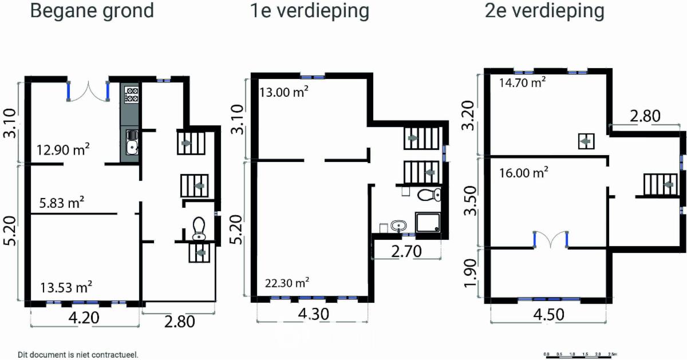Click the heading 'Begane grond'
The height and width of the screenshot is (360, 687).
tap(92, 11)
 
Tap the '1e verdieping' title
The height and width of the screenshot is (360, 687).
tap(310, 11)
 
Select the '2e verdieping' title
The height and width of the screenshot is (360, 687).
tap(544, 11)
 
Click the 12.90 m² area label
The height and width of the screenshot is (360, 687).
tap(63, 149)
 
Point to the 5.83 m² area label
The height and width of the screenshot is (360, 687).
tap(62, 203)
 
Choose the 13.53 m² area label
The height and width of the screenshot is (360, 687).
tap(66, 287)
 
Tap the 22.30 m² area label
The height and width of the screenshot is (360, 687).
tap(287, 283)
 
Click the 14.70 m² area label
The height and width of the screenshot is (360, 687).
tap(523, 82)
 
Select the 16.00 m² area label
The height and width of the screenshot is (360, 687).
tap(523, 173)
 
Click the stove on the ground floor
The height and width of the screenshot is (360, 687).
tap(132, 94)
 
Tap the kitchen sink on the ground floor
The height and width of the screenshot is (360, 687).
tap(132, 142)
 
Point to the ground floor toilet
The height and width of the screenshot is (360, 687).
tap(199, 228)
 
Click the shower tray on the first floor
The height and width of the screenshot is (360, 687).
tap(428, 222)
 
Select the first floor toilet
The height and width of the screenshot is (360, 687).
tap(429, 195)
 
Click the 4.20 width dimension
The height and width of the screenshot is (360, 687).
tap(84, 318)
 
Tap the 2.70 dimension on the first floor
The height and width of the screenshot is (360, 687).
tap(406, 251)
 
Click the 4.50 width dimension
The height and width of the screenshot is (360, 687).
tap(548, 315)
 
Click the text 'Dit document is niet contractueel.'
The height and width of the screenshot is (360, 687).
tap(78, 355)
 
